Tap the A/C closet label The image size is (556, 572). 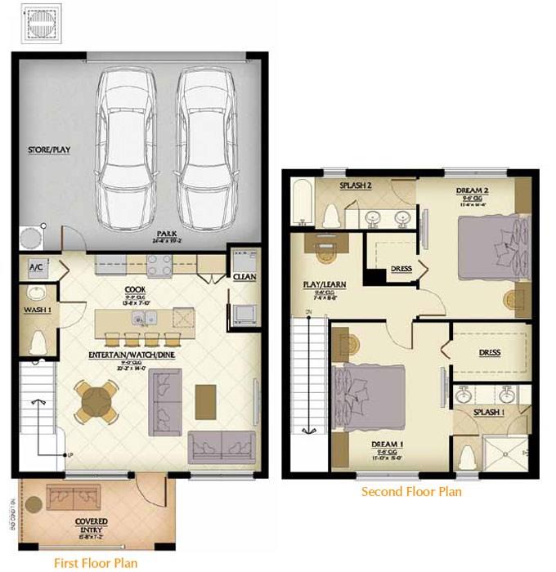coord(36,267)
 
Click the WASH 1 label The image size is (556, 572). coord(36,310)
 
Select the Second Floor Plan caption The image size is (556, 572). coord(411,491)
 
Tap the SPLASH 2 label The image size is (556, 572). coord(356,186)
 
